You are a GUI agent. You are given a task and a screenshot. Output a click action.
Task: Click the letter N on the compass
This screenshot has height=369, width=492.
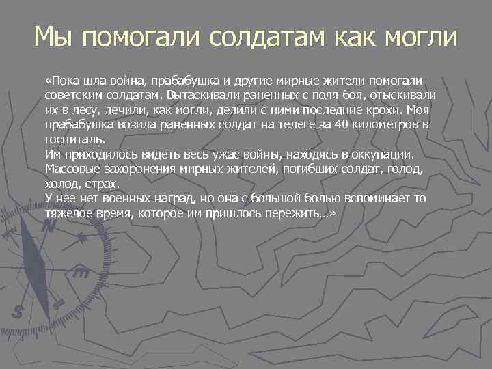(x=48, y=228)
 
